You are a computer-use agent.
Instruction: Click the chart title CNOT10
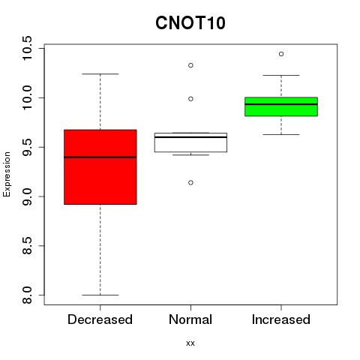(x=190, y=22)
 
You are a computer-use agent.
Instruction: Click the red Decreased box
(x=100, y=167)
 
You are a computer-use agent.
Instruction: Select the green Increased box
(x=281, y=106)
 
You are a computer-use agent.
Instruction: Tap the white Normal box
(x=190, y=142)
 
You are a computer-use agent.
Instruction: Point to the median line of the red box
(x=100, y=157)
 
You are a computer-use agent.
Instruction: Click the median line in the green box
(x=281, y=104)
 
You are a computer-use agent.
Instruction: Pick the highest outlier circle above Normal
(x=190, y=65)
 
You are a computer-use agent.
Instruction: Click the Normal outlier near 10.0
(x=190, y=99)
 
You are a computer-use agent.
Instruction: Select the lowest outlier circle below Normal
(x=190, y=182)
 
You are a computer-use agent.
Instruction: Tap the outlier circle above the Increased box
(x=281, y=54)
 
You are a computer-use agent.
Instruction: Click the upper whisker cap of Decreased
(x=100, y=74)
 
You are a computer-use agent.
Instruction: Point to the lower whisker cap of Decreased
(x=100, y=295)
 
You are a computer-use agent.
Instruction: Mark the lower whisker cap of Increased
(x=281, y=134)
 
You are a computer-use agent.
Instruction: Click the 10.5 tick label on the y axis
(x=27, y=48)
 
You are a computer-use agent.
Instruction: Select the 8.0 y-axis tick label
(x=27, y=295)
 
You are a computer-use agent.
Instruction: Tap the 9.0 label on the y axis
(x=27, y=196)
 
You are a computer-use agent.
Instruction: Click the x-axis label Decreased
(x=100, y=319)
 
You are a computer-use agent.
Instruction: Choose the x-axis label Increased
(x=281, y=319)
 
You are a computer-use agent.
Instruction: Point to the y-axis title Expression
(x=7, y=174)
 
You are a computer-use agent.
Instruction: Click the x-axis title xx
(x=190, y=343)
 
